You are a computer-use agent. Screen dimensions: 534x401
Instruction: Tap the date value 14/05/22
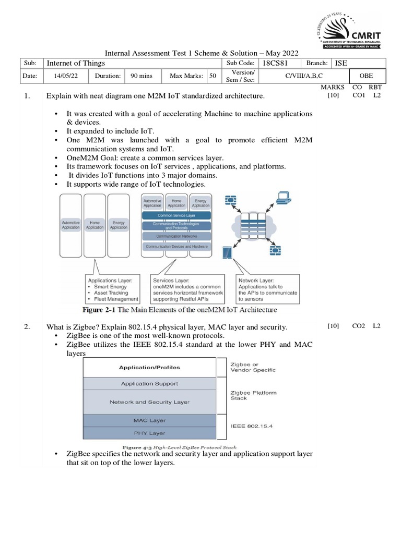pyautogui.click(x=65, y=76)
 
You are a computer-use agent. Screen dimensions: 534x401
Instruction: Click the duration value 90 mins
pyautogui.click(x=141, y=76)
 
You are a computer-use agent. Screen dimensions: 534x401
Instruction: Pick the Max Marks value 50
pyautogui.click(x=213, y=76)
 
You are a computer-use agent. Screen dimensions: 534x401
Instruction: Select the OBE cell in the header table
pyautogui.click(x=365, y=76)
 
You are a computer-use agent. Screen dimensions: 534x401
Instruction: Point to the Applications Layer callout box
pyautogui.click(x=113, y=289)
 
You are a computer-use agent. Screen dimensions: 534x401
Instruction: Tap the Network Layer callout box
pyautogui.click(x=268, y=289)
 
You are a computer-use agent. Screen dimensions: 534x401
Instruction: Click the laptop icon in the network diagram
pyautogui.click(x=284, y=197)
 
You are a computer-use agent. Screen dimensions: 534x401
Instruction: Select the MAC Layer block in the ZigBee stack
pyautogui.click(x=149, y=420)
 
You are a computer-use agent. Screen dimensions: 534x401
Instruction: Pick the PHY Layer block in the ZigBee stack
pyautogui.click(x=149, y=433)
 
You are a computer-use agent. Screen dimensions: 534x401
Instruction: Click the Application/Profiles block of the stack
pyautogui.click(x=149, y=367)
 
